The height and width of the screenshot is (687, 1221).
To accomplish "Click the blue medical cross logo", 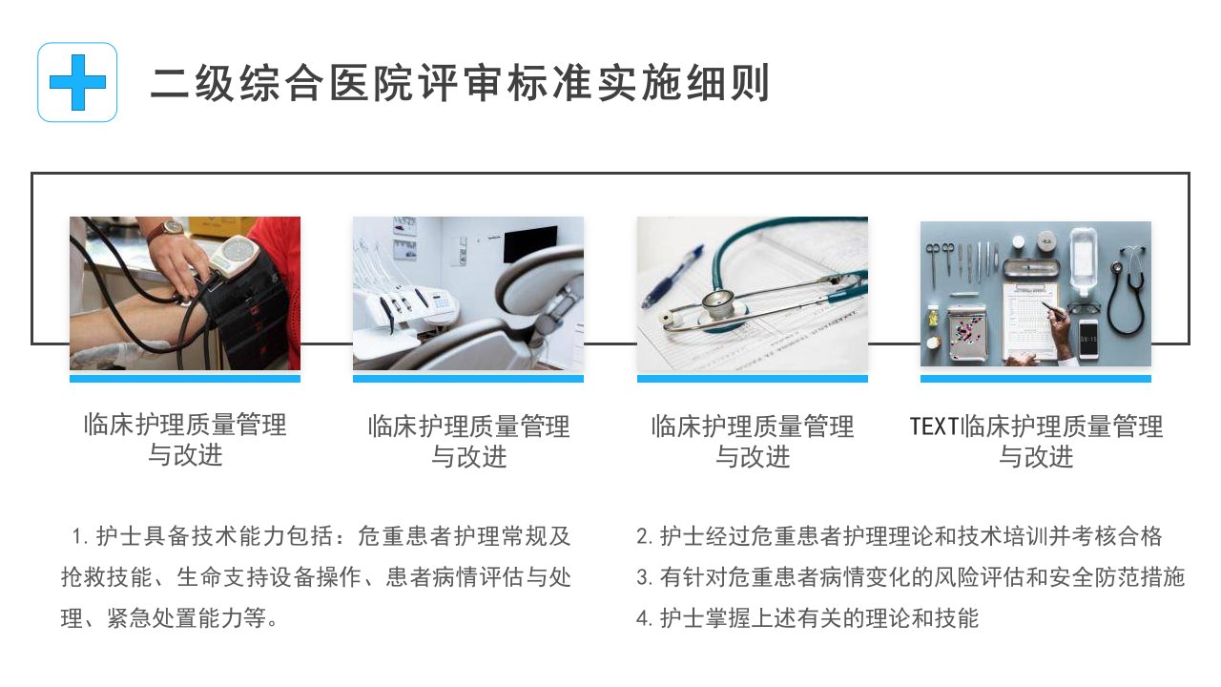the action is (x=77, y=82).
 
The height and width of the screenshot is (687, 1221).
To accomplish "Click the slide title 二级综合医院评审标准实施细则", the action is (x=460, y=83).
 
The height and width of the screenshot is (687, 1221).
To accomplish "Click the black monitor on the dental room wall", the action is (x=529, y=244).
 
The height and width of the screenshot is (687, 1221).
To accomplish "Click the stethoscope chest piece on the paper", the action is (x=718, y=302).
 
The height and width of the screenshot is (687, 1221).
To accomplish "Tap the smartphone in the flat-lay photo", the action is (x=1088, y=339).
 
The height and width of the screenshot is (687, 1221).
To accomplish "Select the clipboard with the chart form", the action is (x=1031, y=318).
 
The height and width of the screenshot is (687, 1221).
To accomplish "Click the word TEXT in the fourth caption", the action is (x=934, y=427).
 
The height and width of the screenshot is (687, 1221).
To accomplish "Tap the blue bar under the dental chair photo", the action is (x=468, y=379).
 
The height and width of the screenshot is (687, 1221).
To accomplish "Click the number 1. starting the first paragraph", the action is (x=81, y=536).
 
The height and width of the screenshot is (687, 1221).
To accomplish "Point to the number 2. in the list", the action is (x=644, y=536).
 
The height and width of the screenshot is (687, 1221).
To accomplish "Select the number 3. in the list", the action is (x=644, y=577).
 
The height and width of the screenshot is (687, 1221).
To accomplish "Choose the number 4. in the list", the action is (x=644, y=618).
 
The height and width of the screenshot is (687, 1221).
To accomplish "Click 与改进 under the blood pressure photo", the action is (x=185, y=455).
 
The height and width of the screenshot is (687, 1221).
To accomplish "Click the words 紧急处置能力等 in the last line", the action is (x=186, y=618).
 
